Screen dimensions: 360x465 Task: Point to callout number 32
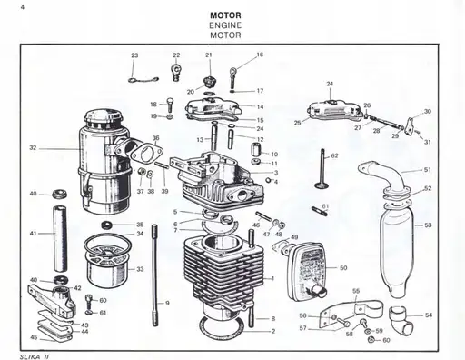[x=33, y=147]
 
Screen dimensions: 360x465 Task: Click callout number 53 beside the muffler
[x=428, y=224]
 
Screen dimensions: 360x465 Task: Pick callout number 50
[x=343, y=268]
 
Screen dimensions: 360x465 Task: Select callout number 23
[x=134, y=56]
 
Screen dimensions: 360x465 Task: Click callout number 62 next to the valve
[x=334, y=156]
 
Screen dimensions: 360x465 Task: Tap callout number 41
[x=33, y=234]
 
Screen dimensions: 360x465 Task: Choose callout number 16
[x=260, y=55]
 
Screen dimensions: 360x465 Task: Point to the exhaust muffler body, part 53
[x=397, y=245]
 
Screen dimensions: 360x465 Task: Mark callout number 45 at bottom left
[x=33, y=337]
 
